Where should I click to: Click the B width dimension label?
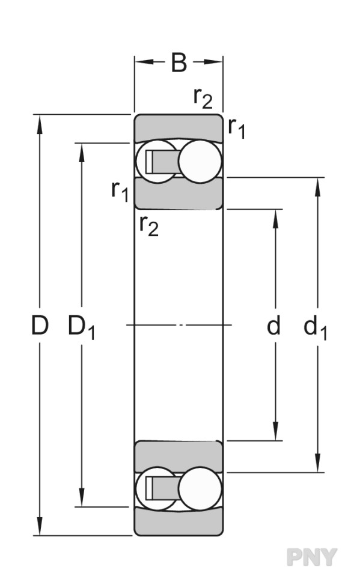point(178,62)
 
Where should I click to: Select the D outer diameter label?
point(40,325)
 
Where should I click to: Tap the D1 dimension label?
point(81,327)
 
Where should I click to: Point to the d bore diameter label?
point(273,325)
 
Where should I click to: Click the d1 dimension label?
point(315,327)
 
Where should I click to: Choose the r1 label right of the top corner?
point(237,128)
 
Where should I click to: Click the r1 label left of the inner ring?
point(120,191)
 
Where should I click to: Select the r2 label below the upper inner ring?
point(149,225)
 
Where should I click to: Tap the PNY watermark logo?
point(312,557)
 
